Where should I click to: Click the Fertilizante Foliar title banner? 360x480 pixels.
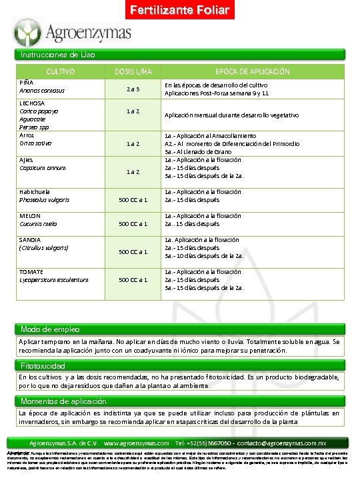[179, 10]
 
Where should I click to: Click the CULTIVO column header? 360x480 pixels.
[60, 71]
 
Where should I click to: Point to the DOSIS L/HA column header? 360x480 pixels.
[133, 71]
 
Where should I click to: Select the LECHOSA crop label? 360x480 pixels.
[33, 103]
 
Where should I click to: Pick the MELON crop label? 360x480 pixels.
[31, 215]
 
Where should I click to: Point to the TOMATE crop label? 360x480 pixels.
[32, 272]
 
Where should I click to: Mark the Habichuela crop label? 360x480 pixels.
[39, 192]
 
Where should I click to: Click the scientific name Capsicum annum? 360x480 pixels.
[43, 167]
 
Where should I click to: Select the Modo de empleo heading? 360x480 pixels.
[51, 329]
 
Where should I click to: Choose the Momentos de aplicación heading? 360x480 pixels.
[63, 401]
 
